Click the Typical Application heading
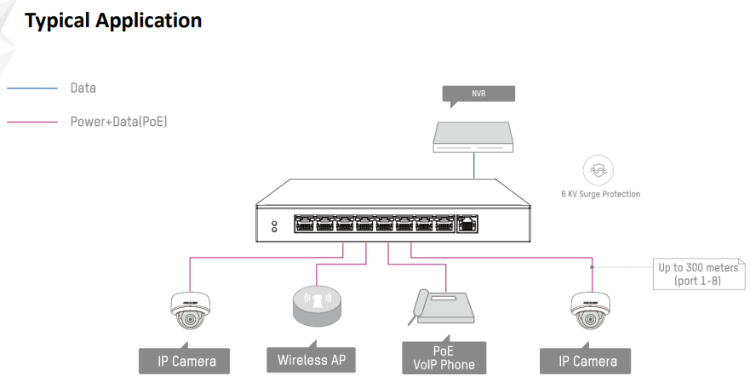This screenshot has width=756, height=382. pyautogui.click(x=113, y=20)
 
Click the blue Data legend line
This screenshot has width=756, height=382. pyautogui.click(x=31, y=88)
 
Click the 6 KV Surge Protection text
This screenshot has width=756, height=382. pyautogui.click(x=600, y=194)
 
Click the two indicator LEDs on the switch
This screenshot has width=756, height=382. pyautogui.click(x=274, y=227)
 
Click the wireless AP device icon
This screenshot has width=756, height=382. pyautogui.click(x=316, y=307)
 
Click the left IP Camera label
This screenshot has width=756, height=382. pyautogui.click(x=186, y=361)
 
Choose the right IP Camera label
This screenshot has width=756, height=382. pyautogui.click(x=587, y=361)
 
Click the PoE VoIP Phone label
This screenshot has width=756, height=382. pyautogui.click(x=444, y=358)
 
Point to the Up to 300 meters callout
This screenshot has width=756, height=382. pyautogui.click(x=697, y=274)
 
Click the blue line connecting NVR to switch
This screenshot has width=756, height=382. pyautogui.click(x=473, y=167)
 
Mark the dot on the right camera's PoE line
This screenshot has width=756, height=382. pyautogui.click(x=592, y=266)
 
